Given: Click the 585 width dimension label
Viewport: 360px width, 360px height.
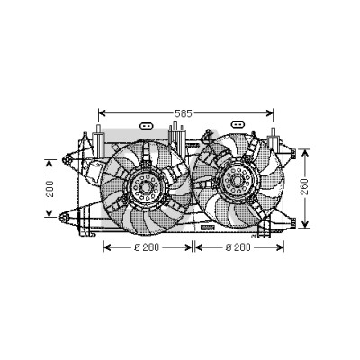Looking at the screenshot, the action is pyautogui.click(x=184, y=113).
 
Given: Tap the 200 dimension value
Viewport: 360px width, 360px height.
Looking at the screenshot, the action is pyautogui.click(x=50, y=189).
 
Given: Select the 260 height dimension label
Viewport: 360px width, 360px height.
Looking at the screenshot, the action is pyautogui.click(x=304, y=186).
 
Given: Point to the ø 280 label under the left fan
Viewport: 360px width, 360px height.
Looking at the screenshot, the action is pyautogui.click(x=147, y=247).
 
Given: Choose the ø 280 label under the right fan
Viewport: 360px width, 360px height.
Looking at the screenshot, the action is pyautogui.click(x=238, y=247).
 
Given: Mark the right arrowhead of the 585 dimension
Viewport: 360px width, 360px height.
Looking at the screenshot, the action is pyautogui.click(x=269, y=113).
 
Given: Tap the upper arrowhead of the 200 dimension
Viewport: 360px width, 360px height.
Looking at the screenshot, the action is pyautogui.click(x=49, y=164).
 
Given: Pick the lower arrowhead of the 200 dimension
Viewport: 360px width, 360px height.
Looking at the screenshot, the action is pyautogui.click(x=49, y=212).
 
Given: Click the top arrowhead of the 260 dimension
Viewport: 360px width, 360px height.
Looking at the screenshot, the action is pyautogui.click(x=305, y=153).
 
